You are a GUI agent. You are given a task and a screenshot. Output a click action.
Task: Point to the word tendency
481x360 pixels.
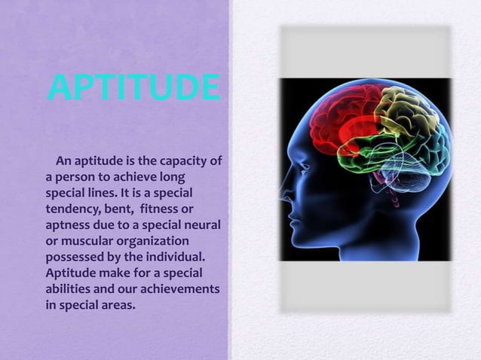[x=67, y=209]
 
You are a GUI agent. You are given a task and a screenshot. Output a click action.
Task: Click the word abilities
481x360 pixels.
[x=66, y=290]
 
